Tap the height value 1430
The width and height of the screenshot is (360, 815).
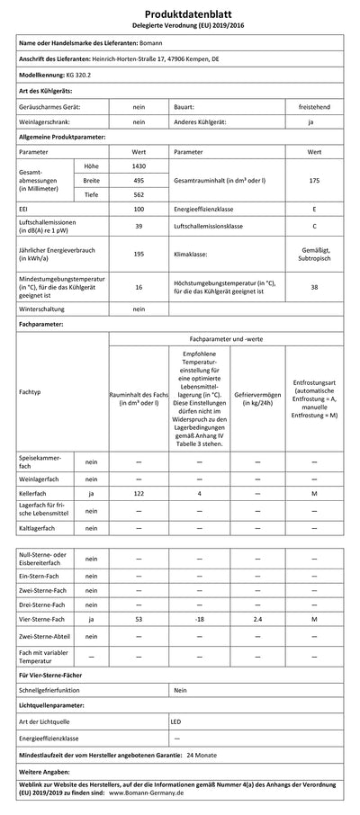[x=139, y=167]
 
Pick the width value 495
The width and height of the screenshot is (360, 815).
[x=139, y=180]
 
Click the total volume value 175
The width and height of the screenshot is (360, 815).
[x=314, y=181]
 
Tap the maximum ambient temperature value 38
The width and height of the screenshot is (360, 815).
[x=314, y=287]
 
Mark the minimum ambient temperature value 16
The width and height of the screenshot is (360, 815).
[x=139, y=287]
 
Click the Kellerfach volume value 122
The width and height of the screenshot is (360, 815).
[x=139, y=495]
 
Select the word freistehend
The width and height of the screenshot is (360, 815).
[x=314, y=106]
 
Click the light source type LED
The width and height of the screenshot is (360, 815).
[x=177, y=721]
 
